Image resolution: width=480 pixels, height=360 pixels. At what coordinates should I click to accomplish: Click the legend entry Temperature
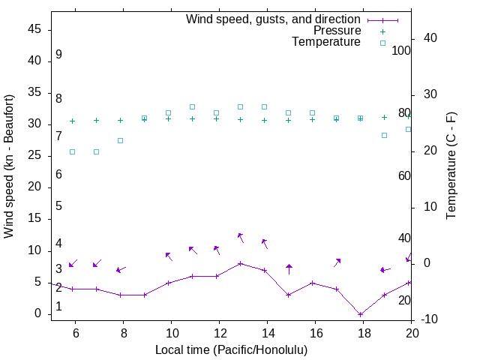click(326, 42)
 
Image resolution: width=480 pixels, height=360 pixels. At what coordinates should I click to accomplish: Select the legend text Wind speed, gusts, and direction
click(274, 19)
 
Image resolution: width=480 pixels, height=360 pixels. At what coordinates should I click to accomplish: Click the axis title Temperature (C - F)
click(451, 166)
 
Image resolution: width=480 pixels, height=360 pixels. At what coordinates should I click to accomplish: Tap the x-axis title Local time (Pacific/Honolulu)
click(231, 349)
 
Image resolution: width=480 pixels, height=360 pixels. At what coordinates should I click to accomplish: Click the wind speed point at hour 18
click(360, 314)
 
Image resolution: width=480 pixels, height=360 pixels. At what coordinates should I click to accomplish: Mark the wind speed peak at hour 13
click(240, 263)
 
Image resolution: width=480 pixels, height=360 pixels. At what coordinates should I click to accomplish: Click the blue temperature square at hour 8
click(120, 140)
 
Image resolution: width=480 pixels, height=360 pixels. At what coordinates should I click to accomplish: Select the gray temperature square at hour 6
click(72, 151)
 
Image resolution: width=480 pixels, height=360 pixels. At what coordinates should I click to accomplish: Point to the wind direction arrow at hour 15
click(289, 268)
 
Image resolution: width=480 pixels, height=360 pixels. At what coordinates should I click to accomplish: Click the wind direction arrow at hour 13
click(241, 237)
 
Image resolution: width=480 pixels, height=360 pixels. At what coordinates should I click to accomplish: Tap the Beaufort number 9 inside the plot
click(58, 55)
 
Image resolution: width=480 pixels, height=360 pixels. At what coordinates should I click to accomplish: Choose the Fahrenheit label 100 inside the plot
click(401, 51)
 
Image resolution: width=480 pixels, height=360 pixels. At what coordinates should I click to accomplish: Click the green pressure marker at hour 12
click(216, 118)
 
